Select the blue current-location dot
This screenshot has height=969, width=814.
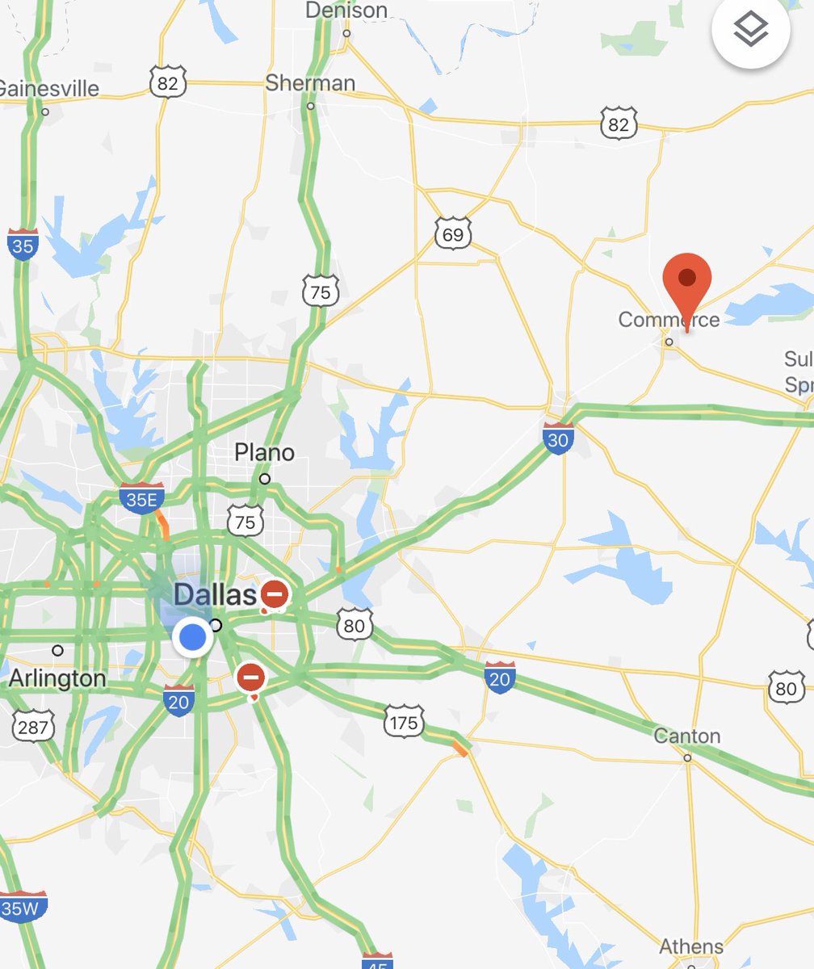(192, 638)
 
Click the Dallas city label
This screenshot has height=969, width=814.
(213, 596)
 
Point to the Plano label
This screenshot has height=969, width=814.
(264, 453)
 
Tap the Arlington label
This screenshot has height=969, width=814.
(58, 679)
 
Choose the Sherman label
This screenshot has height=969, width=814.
(310, 83)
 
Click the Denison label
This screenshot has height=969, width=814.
(346, 10)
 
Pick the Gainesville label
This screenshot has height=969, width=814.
(48, 88)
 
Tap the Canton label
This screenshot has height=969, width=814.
(686, 736)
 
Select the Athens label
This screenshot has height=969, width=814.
(691, 946)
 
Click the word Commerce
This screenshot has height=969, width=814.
(669, 320)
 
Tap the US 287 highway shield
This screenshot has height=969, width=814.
(32, 727)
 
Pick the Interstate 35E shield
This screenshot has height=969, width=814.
(142, 499)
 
